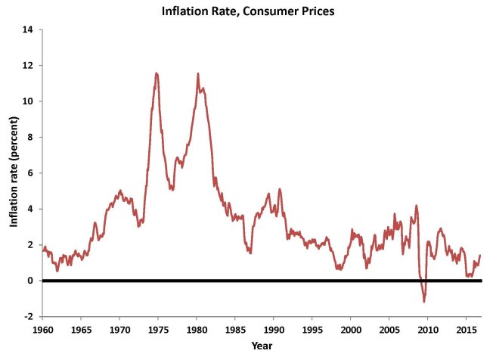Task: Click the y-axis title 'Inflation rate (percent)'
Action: pos(14,173)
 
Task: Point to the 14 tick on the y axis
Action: pos(29,29)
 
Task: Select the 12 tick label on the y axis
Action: pos(29,66)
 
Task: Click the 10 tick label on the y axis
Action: pos(29,101)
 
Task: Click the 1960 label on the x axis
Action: pos(42,330)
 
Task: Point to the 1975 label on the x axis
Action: pos(158,330)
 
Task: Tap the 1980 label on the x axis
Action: pos(197,330)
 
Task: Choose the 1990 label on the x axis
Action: pos(274,330)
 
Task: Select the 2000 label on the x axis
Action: pos(351,330)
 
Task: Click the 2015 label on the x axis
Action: pos(466,330)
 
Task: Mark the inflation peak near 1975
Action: pos(157,73)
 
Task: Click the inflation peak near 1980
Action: pos(198,74)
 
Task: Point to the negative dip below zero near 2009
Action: pos(424,301)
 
